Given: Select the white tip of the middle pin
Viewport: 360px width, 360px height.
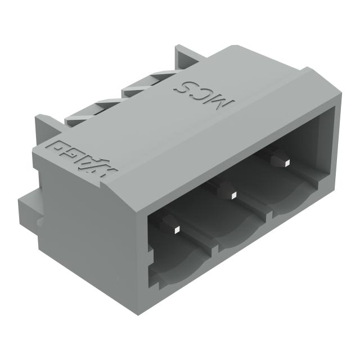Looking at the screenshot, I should point(232,195).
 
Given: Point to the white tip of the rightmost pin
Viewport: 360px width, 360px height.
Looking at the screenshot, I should point(285,162).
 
